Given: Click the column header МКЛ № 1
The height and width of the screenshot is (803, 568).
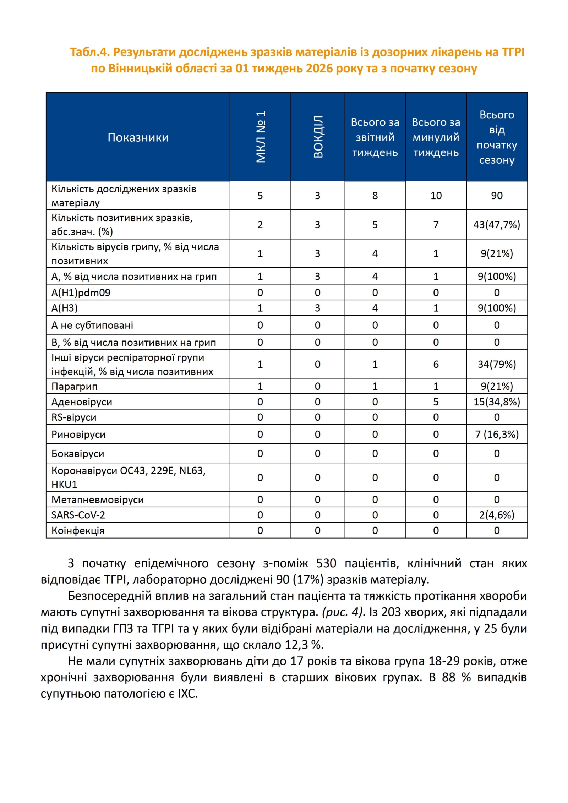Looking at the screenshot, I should coord(261,137).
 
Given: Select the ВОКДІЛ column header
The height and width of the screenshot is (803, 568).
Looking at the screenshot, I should coord(318,137).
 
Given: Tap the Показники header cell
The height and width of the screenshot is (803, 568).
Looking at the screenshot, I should coord(138,137).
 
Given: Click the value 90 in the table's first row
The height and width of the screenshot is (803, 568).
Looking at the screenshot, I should coord(497,196).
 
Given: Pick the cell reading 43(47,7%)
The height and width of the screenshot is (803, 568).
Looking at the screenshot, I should coord(497,225).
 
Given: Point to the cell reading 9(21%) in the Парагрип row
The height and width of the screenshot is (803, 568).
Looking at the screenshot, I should coord(497,386).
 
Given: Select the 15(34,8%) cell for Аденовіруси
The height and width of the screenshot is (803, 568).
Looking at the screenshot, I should coord(497,402).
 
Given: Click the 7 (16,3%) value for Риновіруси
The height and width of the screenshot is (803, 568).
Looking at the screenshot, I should coord(497,435).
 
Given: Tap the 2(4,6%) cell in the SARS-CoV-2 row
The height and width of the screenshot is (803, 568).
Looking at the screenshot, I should coord(497,515).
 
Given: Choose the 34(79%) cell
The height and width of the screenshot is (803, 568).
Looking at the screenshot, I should coord(497,364).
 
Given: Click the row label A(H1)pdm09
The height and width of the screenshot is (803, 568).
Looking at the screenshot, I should coord(81,293).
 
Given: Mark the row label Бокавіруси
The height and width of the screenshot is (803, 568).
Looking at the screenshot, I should coord(78,454).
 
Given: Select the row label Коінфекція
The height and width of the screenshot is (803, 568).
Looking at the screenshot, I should coord(78,531).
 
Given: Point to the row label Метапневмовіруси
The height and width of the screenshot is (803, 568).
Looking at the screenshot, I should coord(98,500).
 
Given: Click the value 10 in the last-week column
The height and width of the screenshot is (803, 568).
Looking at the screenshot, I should coord(436,196).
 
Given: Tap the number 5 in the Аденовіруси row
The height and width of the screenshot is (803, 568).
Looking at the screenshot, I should coord(436,402).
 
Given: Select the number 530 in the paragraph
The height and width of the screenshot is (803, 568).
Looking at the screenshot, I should coord(326,563).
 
